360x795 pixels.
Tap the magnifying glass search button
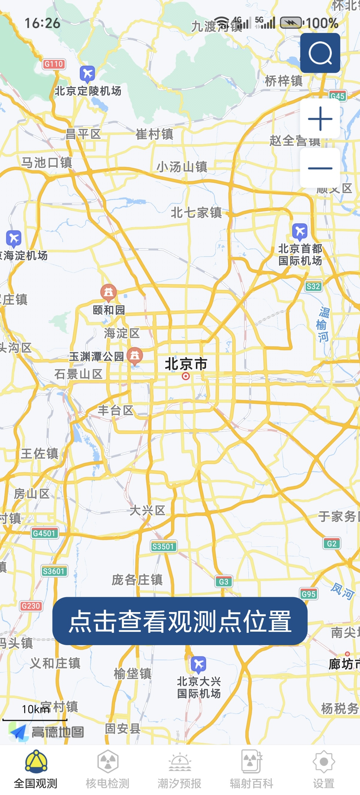pyautogui.click(x=320, y=53)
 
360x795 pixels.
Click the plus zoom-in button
pyautogui.click(x=320, y=118)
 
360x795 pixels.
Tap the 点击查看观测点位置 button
pyautogui.click(x=180, y=621)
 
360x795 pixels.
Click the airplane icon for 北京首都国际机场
pyautogui.click(x=300, y=231)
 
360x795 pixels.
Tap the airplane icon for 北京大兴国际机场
pyautogui.click(x=199, y=665)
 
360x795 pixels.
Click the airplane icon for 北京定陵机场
pyautogui.click(x=87, y=74)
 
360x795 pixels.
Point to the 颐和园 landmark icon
pyautogui.click(x=108, y=292)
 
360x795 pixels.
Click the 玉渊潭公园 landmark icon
pyautogui.click(x=135, y=356)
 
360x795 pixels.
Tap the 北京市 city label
pyautogui.click(x=186, y=364)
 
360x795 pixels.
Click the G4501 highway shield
pyautogui.click(x=44, y=533)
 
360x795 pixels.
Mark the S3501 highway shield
pyautogui.click(x=163, y=546)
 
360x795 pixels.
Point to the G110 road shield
pyautogui.click(x=54, y=64)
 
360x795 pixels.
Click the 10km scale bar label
pyautogui.click(x=35, y=709)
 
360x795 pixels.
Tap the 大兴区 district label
pyautogui.click(x=147, y=511)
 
